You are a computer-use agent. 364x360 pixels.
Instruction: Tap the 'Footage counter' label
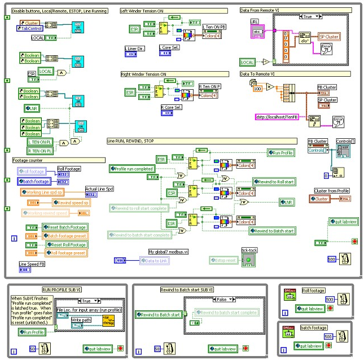[28, 160]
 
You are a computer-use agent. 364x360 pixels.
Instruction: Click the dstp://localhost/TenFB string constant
[278, 116]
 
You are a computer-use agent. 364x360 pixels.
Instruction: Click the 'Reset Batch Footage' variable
[65, 227]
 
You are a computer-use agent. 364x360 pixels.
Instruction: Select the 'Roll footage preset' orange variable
[65, 253]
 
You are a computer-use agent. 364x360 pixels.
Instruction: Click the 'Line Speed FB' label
[33, 264]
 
